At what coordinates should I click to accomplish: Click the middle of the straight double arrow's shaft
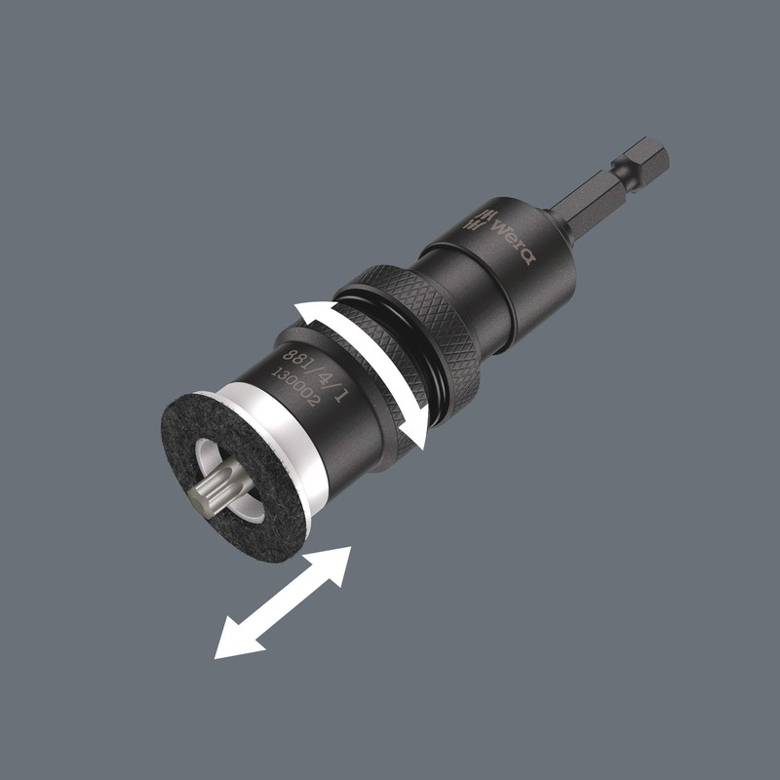click(283, 603)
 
